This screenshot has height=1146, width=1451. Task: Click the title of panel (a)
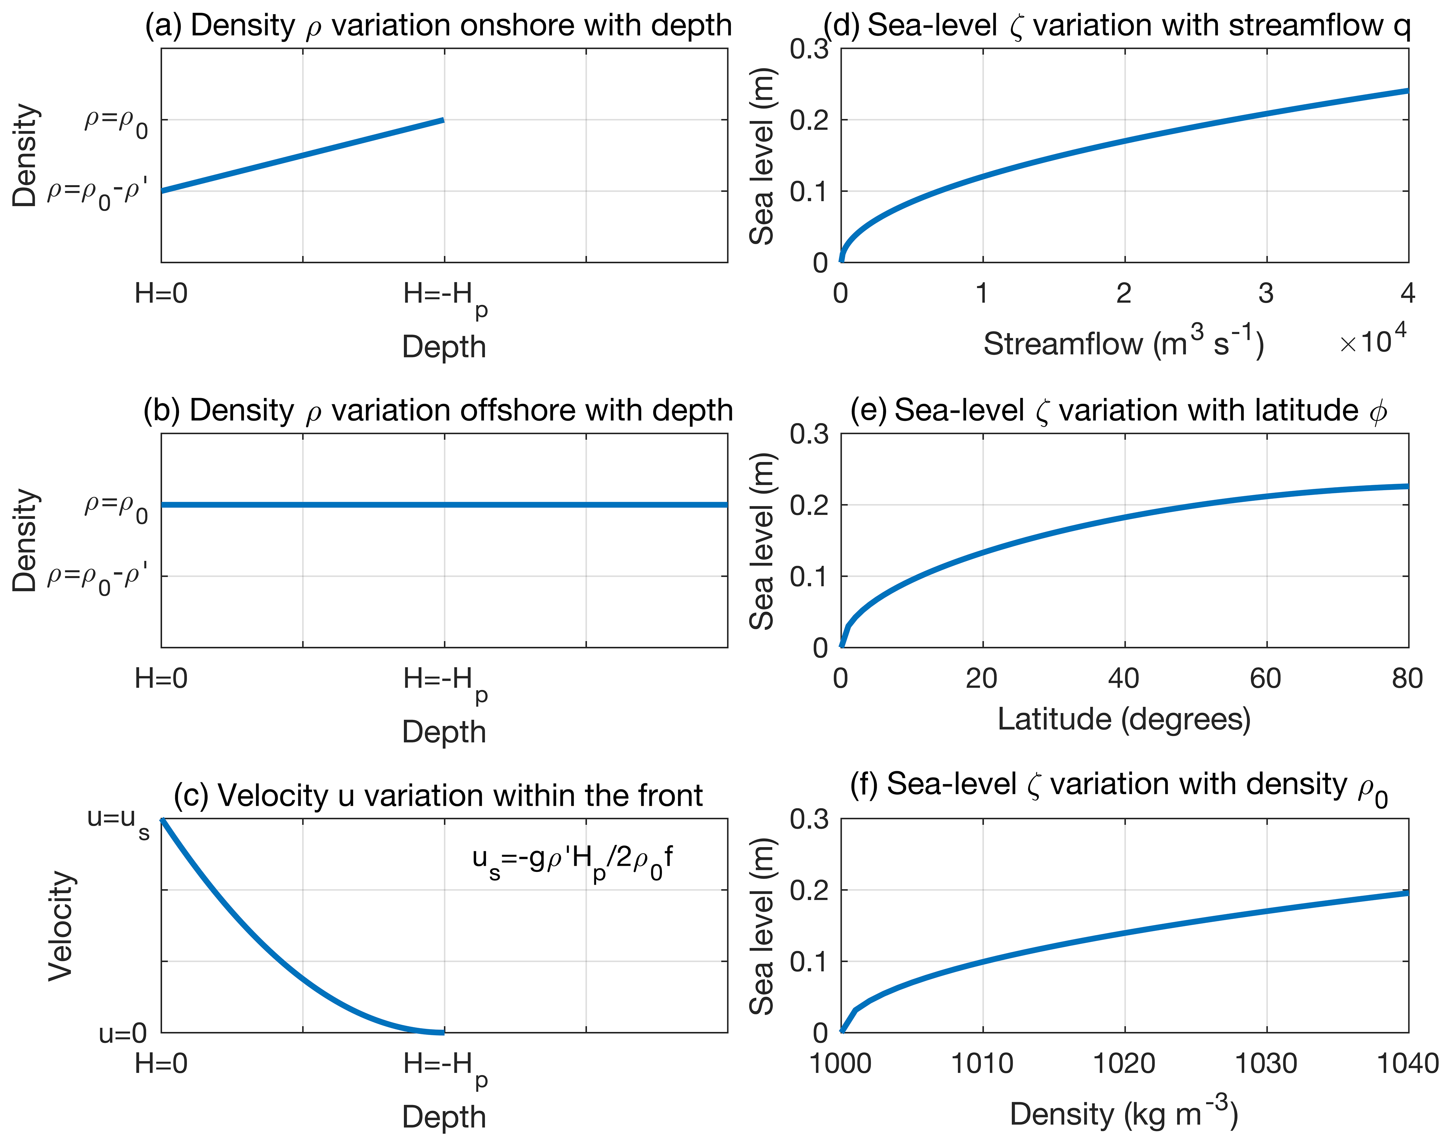pos(438,26)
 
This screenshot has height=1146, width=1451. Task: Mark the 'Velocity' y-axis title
pos(60,926)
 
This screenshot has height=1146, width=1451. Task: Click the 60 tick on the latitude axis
pos(1266,679)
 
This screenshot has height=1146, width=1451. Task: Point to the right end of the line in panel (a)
pos(443,120)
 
